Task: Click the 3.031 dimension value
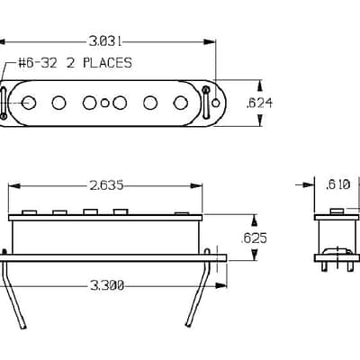[x=105, y=41]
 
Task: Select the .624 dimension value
[x=259, y=103]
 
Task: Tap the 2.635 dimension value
[x=106, y=185]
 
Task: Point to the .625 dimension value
[x=254, y=238]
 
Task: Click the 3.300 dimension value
[x=107, y=285]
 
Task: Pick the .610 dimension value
[x=337, y=184]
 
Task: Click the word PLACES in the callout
[x=107, y=63]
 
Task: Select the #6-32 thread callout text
[x=38, y=63]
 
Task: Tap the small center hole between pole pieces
[x=104, y=103]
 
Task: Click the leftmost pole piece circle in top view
[x=29, y=103]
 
